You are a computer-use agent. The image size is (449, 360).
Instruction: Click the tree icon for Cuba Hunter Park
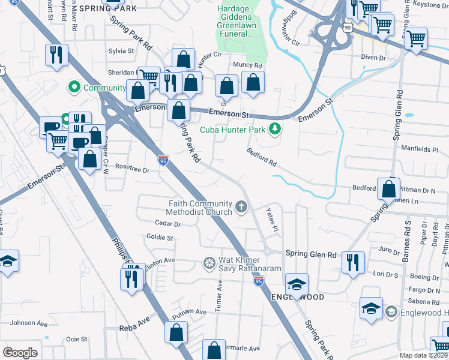tap(275, 128)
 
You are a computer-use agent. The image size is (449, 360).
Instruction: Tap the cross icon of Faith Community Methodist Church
tap(241, 207)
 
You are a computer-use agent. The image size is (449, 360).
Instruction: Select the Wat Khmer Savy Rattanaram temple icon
tap(209, 262)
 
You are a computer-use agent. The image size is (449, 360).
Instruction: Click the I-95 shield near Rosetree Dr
tap(163, 160)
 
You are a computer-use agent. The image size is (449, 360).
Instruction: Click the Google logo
tap(20, 352)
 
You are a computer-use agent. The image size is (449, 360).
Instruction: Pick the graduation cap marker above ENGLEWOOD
tap(297, 283)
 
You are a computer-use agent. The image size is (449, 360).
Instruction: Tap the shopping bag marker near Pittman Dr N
tap(389, 188)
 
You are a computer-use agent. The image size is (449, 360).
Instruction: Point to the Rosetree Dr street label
tap(131, 169)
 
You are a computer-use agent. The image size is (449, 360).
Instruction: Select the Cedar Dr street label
tap(167, 223)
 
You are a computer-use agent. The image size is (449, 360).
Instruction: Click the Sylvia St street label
tap(121, 52)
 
